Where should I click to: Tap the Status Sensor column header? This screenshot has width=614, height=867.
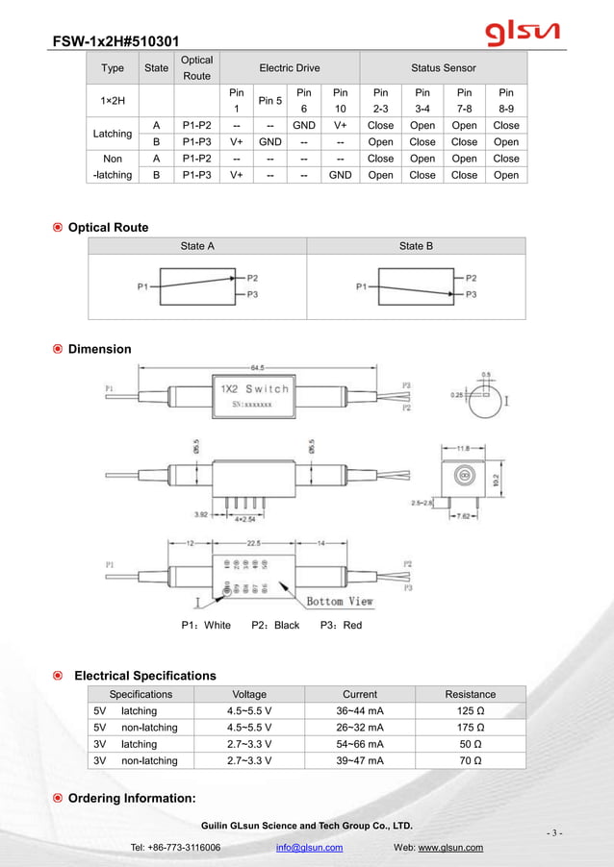pos(443,68)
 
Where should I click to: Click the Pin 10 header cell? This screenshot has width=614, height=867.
pos(339,101)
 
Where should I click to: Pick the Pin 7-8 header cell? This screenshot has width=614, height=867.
pos(464,101)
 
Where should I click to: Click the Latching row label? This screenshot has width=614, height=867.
pos(112,134)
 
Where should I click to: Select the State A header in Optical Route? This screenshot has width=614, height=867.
pos(197,246)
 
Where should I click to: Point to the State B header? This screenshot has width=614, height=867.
pos(416,246)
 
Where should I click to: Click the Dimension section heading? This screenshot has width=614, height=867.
pos(99,349)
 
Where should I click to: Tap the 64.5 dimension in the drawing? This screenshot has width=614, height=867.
pos(258,367)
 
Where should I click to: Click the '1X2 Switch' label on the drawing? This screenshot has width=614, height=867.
pos(254,389)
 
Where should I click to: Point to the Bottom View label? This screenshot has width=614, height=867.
pos(340,602)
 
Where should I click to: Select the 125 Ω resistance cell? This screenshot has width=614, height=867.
pos(470,711)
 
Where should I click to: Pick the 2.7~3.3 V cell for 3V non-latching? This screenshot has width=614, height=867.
pos(249,760)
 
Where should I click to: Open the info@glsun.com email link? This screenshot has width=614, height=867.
pos(309,848)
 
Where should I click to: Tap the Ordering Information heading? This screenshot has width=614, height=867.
pos(132,799)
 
